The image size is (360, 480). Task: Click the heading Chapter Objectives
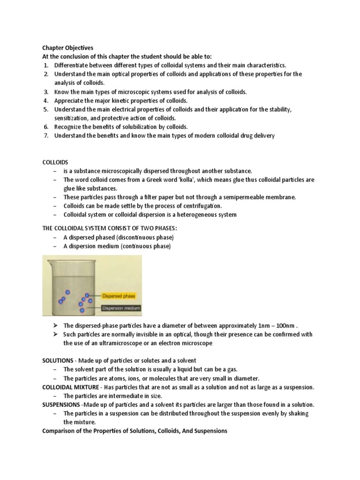click(68, 48)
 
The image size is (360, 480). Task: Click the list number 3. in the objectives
click(46, 92)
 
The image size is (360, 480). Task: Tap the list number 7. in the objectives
click(46, 136)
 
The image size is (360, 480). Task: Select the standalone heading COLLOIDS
click(55, 162)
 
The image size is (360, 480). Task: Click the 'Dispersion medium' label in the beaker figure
click(120, 308)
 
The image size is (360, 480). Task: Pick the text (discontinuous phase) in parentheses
click(143, 238)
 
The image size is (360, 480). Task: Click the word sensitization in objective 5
click(73, 118)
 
